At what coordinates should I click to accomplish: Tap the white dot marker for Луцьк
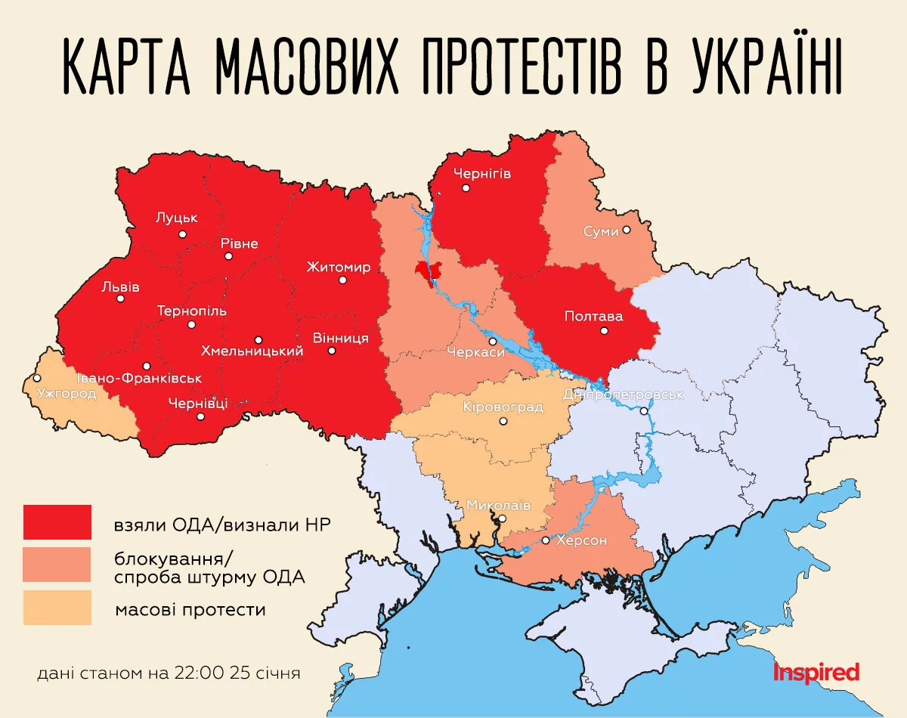182,234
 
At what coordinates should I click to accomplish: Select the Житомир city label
339,267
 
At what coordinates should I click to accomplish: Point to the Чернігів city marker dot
466,187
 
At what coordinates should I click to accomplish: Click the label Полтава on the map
593,317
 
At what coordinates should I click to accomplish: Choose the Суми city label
601,231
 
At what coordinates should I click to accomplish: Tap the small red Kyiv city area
428,271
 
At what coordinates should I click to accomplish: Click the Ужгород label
67,394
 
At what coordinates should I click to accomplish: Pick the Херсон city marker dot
546,541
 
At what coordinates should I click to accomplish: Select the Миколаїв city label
498,505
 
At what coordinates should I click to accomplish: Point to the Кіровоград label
503,407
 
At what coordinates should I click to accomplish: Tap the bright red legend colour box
57,522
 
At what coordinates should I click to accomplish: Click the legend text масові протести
190,609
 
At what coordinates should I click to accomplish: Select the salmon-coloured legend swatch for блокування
57,565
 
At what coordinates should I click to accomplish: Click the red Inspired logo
816,671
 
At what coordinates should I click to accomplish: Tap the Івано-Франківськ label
139,378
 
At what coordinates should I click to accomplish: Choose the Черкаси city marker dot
493,342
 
